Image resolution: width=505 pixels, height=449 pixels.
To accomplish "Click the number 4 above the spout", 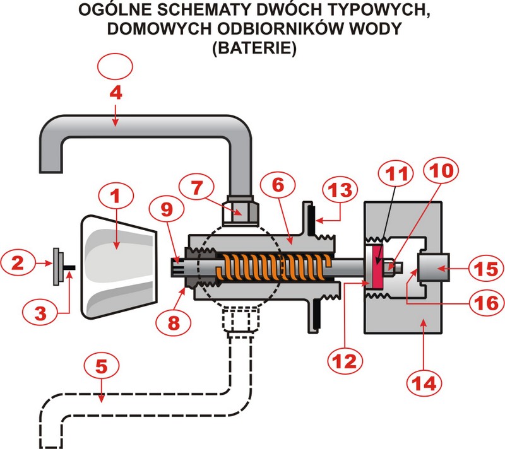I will coord(115,93).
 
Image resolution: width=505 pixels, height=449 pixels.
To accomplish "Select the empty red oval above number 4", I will coord(116,65).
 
